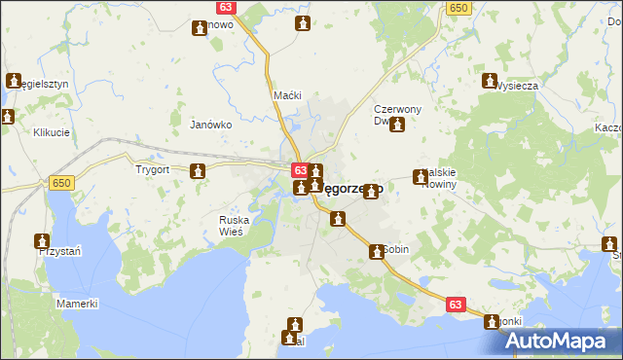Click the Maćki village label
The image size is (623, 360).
coord(288,95)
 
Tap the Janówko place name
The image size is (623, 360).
coord(210,125)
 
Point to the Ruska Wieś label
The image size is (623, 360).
coord(234,226)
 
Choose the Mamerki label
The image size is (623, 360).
coord(77,304)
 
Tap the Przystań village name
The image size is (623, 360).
coord(57,251)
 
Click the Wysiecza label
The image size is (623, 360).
coord(516,86)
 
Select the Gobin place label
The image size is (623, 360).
coord(395,249)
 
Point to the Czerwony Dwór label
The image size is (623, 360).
coord(397,115)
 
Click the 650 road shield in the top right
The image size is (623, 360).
coord(458,8)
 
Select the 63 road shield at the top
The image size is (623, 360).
coord(226,8)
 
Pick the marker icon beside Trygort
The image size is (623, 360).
coord(198,172)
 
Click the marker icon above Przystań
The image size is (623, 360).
coord(42,240)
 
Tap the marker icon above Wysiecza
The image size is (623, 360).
coord(489,82)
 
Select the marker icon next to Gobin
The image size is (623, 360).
coord(376,252)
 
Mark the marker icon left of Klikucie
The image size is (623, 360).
coord(9,118)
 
